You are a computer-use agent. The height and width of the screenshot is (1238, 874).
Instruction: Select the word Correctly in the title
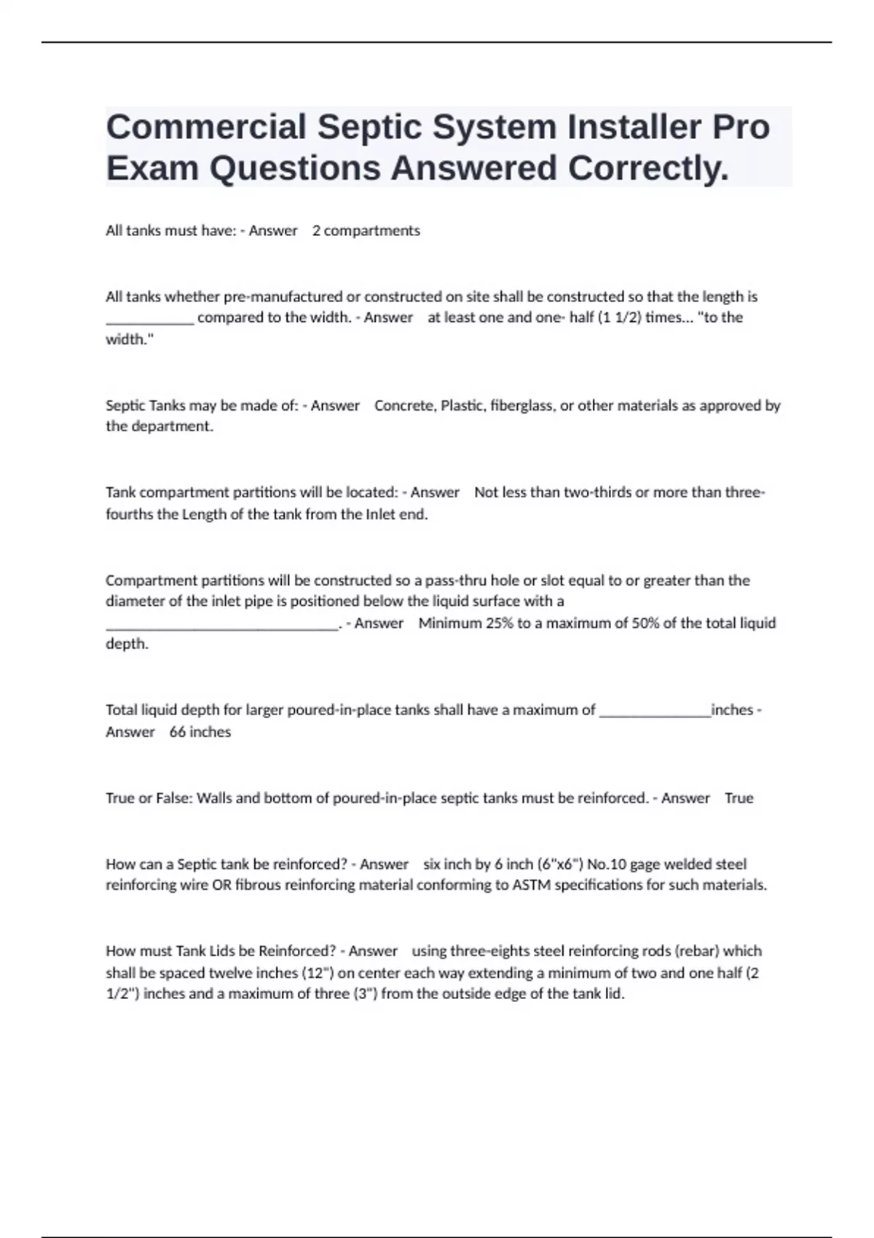(648, 168)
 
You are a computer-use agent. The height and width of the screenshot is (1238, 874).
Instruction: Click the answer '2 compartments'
(366, 231)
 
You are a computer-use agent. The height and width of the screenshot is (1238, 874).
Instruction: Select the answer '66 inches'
(200, 732)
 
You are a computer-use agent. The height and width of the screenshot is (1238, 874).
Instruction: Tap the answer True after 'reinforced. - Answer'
(739, 798)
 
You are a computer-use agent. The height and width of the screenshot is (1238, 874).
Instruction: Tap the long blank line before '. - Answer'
(222, 627)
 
